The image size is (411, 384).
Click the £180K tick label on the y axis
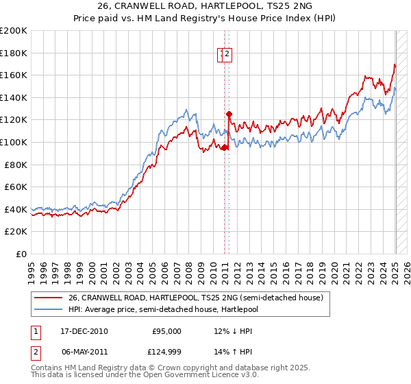[x=14, y=53]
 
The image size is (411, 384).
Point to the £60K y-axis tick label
[x=16, y=187]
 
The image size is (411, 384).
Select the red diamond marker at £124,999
[x=229, y=114]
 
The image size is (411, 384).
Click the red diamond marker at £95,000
[x=224, y=147]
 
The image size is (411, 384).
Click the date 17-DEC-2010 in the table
[x=84, y=331]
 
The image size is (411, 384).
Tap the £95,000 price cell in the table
[x=166, y=331]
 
